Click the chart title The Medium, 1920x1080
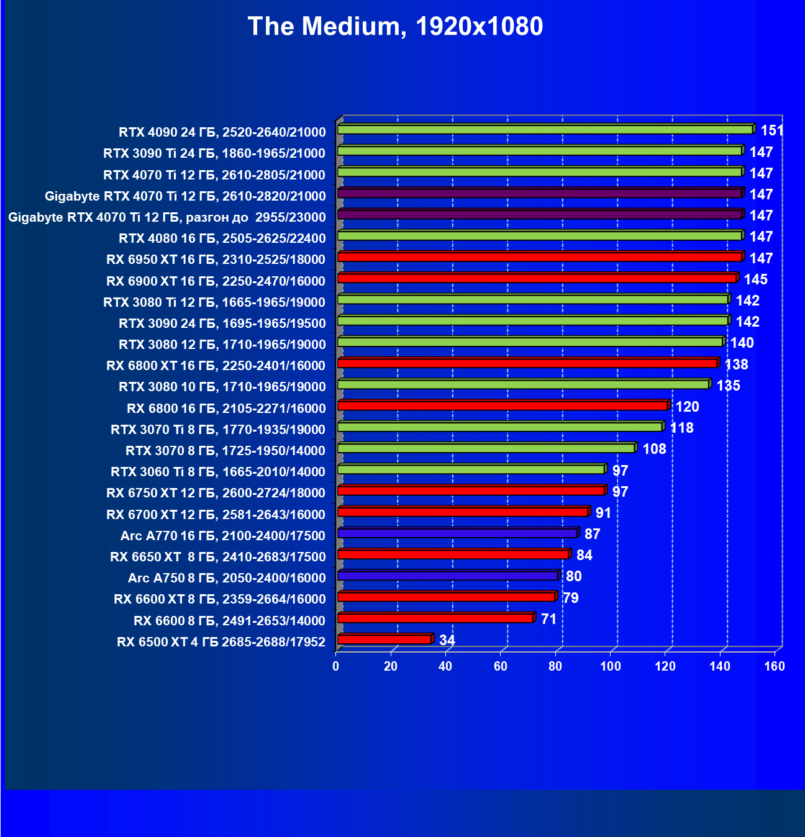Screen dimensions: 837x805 (395, 26)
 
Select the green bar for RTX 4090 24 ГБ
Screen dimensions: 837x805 (545, 130)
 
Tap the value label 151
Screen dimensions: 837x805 (772, 130)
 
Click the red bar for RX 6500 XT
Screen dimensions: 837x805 (384, 640)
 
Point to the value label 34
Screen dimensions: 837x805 (447, 640)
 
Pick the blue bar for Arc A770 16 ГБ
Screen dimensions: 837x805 (457, 533)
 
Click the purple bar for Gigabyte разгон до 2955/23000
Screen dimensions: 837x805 (540, 215)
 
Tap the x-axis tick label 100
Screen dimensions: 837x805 (611, 667)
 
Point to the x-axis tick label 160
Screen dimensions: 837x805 (775, 667)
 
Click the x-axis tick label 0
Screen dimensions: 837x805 (336, 667)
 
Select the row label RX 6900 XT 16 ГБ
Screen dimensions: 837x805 (216, 281)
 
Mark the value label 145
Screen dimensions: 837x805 (755, 279)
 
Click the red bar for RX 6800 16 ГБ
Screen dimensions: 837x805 (503, 406)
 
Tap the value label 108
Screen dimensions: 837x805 (654, 449)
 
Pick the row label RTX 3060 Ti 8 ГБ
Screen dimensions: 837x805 (217, 472)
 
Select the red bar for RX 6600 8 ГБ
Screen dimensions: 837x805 (435, 618)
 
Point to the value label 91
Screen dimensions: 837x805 (603, 513)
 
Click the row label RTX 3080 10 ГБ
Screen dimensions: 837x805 (222, 387)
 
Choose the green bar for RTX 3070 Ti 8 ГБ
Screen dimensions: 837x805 (500, 427)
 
